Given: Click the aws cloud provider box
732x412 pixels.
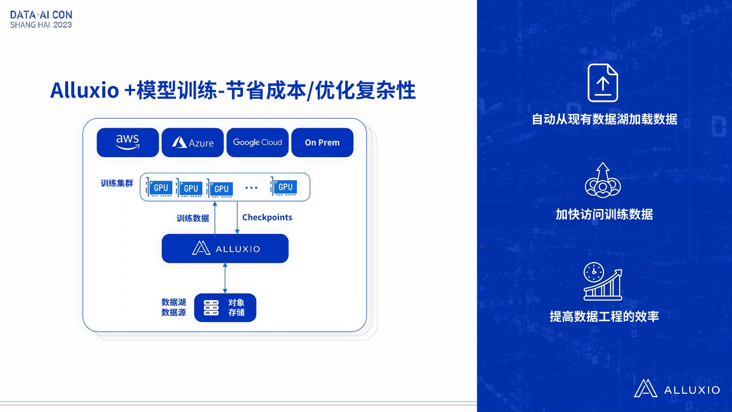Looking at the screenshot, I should pyautogui.click(x=128, y=142).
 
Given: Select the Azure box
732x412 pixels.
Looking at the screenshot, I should pyautogui.click(x=193, y=142).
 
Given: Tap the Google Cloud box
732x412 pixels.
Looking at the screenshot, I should pyautogui.click(x=257, y=142).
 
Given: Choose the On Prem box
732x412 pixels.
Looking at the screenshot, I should pyautogui.click(x=322, y=142).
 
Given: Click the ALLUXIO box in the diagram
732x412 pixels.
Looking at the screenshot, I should pyautogui.click(x=225, y=248).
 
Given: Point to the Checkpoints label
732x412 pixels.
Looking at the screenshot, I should pyautogui.click(x=267, y=217).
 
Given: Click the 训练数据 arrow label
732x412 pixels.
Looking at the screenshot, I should pyautogui.click(x=193, y=218).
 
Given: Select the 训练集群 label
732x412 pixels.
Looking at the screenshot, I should pyautogui.click(x=117, y=183).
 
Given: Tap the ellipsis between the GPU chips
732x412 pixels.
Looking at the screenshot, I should pyautogui.click(x=251, y=188).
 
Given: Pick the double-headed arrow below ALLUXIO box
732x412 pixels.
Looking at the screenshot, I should pyautogui.click(x=225, y=278).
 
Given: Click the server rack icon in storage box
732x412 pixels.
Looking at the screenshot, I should pyautogui.click(x=211, y=308).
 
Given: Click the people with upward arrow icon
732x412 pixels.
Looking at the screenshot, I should pyautogui.click(x=603, y=180).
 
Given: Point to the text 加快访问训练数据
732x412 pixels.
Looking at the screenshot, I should pyautogui.click(x=604, y=214).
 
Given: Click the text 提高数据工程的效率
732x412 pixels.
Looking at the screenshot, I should pyautogui.click(x=604, y=316).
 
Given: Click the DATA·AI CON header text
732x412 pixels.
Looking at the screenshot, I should pyautogui.click(x=41, y=15).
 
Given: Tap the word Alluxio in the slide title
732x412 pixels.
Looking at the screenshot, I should pyautogui.click(x=84, y=91).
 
